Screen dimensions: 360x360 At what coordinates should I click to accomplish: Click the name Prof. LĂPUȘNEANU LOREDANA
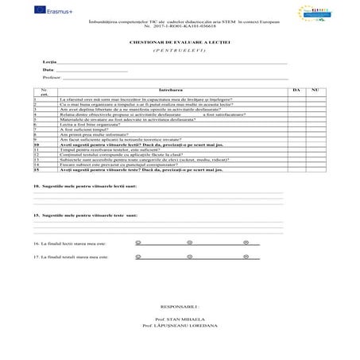pos(180,326)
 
